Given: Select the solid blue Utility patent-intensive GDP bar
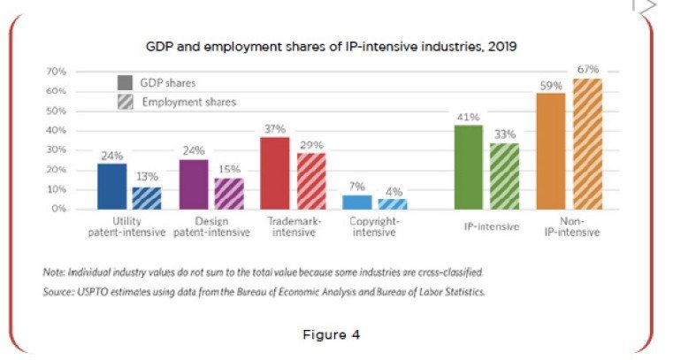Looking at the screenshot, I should pyautogui.click(x=111, y=187).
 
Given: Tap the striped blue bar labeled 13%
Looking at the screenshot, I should pyautogui.click(x=146, y=197).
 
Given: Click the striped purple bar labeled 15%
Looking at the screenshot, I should pyautogui.click(x=228, y=194).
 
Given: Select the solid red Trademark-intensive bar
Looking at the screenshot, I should pyautogui.click(x=275, y=173).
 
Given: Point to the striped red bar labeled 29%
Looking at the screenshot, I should pyautogui.click(x=310, y=180).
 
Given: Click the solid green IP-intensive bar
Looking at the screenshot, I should pyautogui.click(x=468, y=167).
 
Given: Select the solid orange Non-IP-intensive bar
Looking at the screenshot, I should pyautogui.click(x=550, y=150).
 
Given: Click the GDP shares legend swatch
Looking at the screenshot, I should pyautogui.click(x=126, y=82).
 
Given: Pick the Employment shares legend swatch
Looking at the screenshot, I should pyautogui.click(x=126, y=102).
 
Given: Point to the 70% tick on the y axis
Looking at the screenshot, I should pyautogui.click(x=57, y=71).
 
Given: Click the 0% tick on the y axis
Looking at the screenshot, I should pyautogui.click(x=59, y=209).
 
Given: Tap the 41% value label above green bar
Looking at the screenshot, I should pyautogui.click(x=468, y=117).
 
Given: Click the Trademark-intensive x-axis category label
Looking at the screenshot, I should pyautogui.click(x=294, y=226).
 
